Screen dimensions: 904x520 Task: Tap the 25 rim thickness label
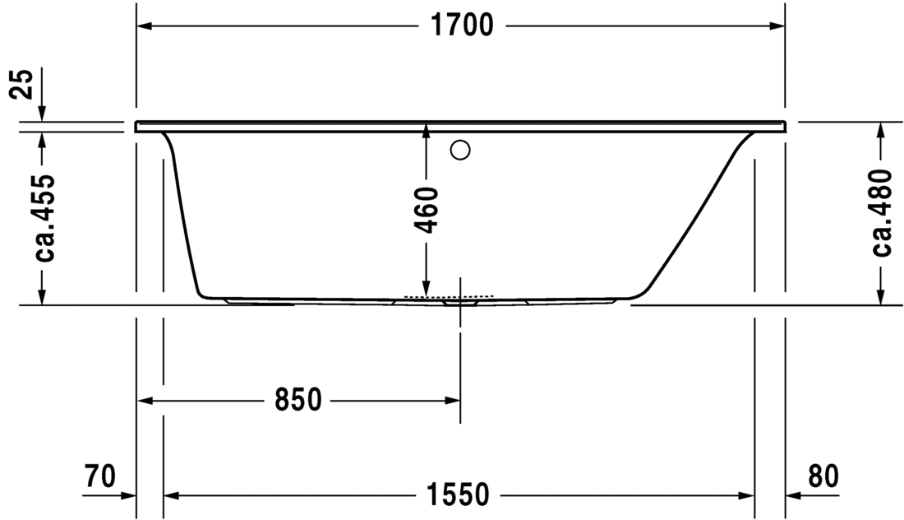point(24,84)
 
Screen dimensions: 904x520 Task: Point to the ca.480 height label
point(882,212)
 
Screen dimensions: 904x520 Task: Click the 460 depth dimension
point(426,210)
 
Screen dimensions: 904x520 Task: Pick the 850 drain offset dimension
point(297,399)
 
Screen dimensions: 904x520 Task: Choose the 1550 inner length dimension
point(458,494)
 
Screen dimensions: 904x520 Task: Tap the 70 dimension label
point(99,476)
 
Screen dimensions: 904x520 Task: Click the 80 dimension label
point(823,476)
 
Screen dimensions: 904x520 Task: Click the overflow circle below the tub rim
point(460,150)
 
